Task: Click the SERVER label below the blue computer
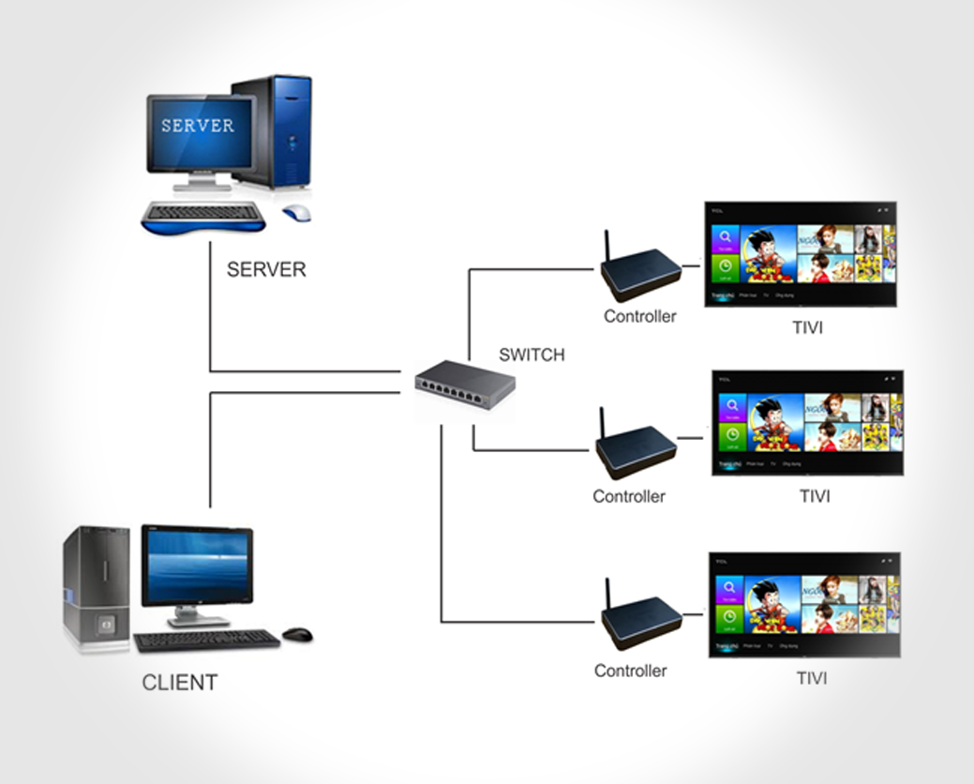[266, 270]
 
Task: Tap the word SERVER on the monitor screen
[197, 125]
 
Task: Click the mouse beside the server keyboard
[297, 213]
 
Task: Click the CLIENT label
[180, 683]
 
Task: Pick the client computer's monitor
[197, 568]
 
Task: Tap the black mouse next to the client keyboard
[297, 635]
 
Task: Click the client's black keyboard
[207, 641]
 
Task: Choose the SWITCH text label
[532, 355]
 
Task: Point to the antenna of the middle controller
[600, 423]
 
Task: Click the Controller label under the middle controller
[628, 496]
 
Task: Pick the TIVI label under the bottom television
[813, 677]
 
